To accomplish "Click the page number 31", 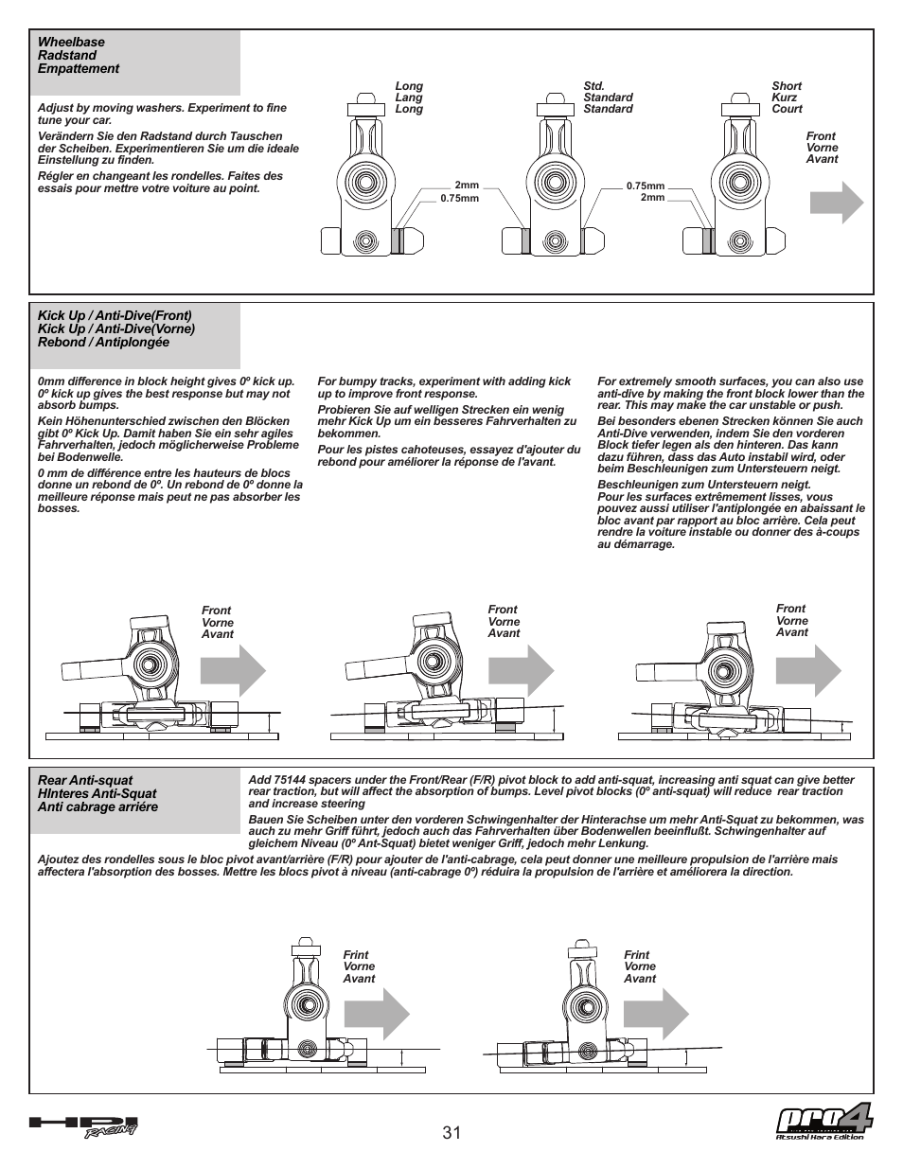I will (x=451, y=1133).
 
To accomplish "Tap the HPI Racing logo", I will (x=84, y=1126).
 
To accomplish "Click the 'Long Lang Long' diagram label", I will (x=409, y=97).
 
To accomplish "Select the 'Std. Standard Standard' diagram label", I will (x=608, y=97).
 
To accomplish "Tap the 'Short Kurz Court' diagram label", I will (x=787, y=97).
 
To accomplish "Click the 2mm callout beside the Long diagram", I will (x=467, y=186).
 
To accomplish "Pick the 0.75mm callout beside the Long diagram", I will (x=460, y=199).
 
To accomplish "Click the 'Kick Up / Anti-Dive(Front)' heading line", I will (x=115, y=315).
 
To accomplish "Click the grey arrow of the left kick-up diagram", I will (x=233, y=673).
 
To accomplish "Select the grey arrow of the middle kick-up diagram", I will (x=521, y=672).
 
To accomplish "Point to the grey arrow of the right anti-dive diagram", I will (x=808, y=671).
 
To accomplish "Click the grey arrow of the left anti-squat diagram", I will (x=377, y=1017).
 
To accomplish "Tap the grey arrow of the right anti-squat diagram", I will (x=656, y=1017).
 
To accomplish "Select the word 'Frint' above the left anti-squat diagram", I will (x=356, y=955).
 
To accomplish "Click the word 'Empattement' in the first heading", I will (x=79, y=69).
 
